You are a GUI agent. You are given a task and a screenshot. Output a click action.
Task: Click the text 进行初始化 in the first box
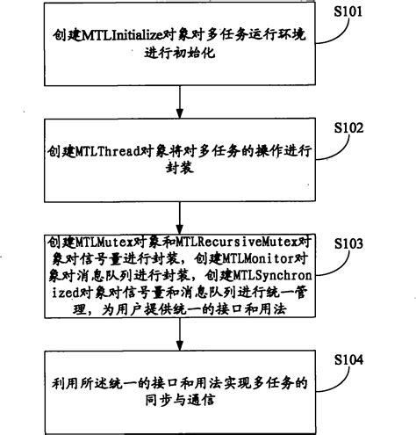point(179,56)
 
